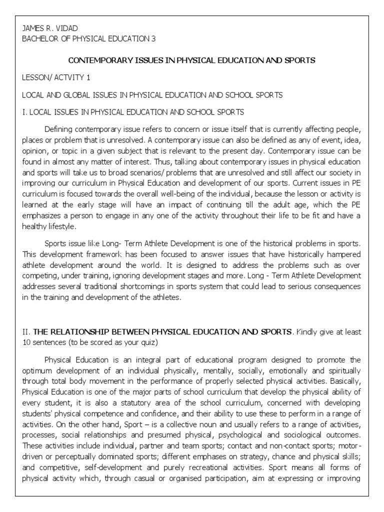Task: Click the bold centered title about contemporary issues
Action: click(191, 60)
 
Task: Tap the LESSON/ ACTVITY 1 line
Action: click(54, 78)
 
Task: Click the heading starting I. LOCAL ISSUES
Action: click(133, 112)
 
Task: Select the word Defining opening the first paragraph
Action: click(58, 129)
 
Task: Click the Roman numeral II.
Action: click(25, 331)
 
